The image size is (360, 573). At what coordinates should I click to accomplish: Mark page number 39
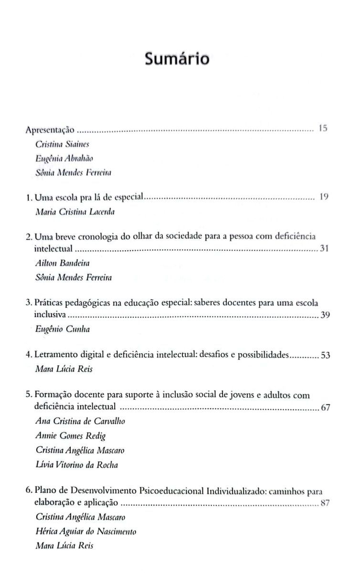[325, 315]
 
